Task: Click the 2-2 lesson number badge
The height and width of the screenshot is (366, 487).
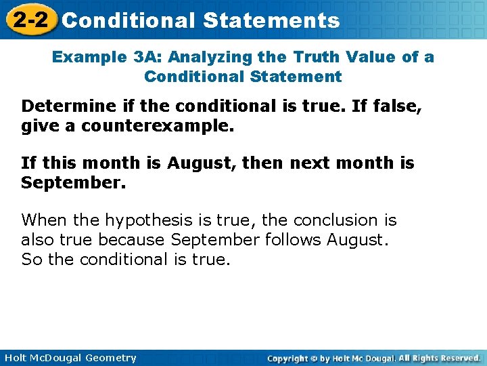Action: (29, 20)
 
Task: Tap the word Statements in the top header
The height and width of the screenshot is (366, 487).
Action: (271, 21)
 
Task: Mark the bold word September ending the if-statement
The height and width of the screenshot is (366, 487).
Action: (74, 183)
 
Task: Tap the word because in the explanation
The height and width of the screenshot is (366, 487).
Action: (133, 240)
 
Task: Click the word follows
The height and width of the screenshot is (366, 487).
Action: (296, 240)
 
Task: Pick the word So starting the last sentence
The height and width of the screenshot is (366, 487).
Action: (30, 260)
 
